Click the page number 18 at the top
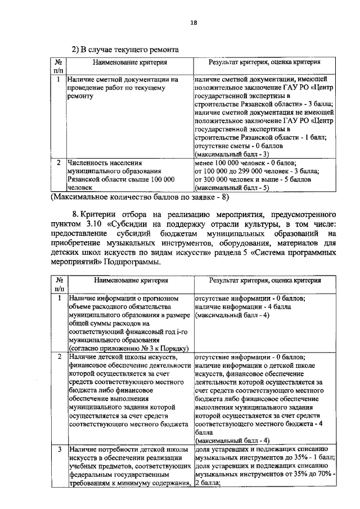click(193, 22)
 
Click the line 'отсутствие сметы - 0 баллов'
click(240, 145)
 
